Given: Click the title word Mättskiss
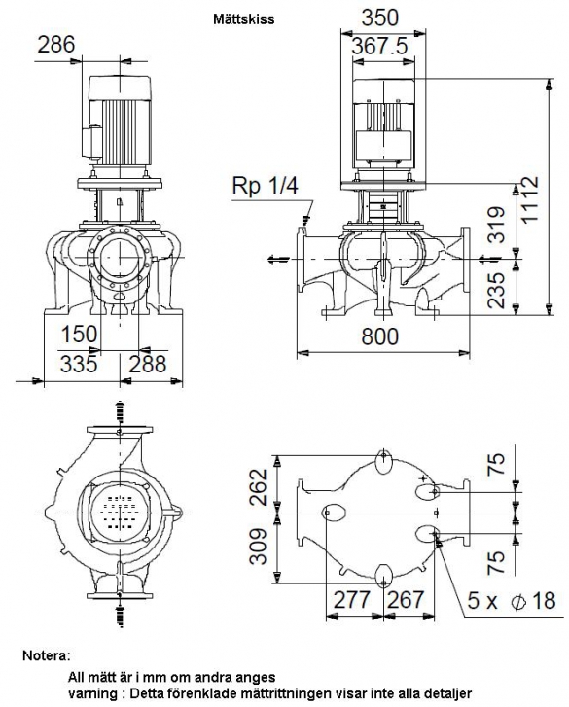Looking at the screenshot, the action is [x=243, y=18].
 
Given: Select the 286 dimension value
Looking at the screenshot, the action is [x=55, y=45].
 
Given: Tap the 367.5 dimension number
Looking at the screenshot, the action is [x=379, y=46].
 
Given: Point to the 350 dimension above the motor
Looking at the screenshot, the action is [x=380, y=18].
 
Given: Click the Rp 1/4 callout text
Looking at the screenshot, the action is [x=265, y=185].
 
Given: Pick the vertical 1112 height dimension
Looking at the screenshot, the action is [x=530, y=198].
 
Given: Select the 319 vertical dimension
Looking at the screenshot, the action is [x=497, y=225].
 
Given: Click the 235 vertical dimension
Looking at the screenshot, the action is [x=497, y=290].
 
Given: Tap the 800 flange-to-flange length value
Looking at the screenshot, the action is [x=380, y=336].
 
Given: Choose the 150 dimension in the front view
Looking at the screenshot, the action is [x=79, y=335].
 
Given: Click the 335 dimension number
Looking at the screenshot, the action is [x=79, y=364].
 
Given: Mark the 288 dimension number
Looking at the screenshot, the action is [x=148, y=364].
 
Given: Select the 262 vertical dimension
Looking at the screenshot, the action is [x=259, y=487].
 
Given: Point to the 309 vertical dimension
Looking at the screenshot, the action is [x=259, y=547].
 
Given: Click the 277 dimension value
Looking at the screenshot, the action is [x=352, y=600].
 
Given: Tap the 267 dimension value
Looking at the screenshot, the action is [x=406, y=600].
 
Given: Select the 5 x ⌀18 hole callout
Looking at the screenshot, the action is [x=512, y=601].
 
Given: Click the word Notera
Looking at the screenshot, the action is [x=47, y=655].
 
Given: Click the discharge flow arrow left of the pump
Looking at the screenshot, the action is [x=278, y=260].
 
